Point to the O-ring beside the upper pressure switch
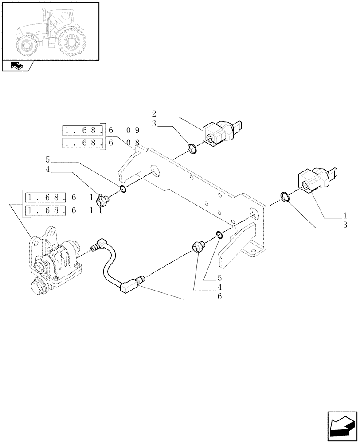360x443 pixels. pos(192,149)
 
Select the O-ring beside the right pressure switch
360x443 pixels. pos(286,197)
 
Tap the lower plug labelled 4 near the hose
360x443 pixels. pos(198,246)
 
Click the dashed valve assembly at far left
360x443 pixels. pos(53,261)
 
